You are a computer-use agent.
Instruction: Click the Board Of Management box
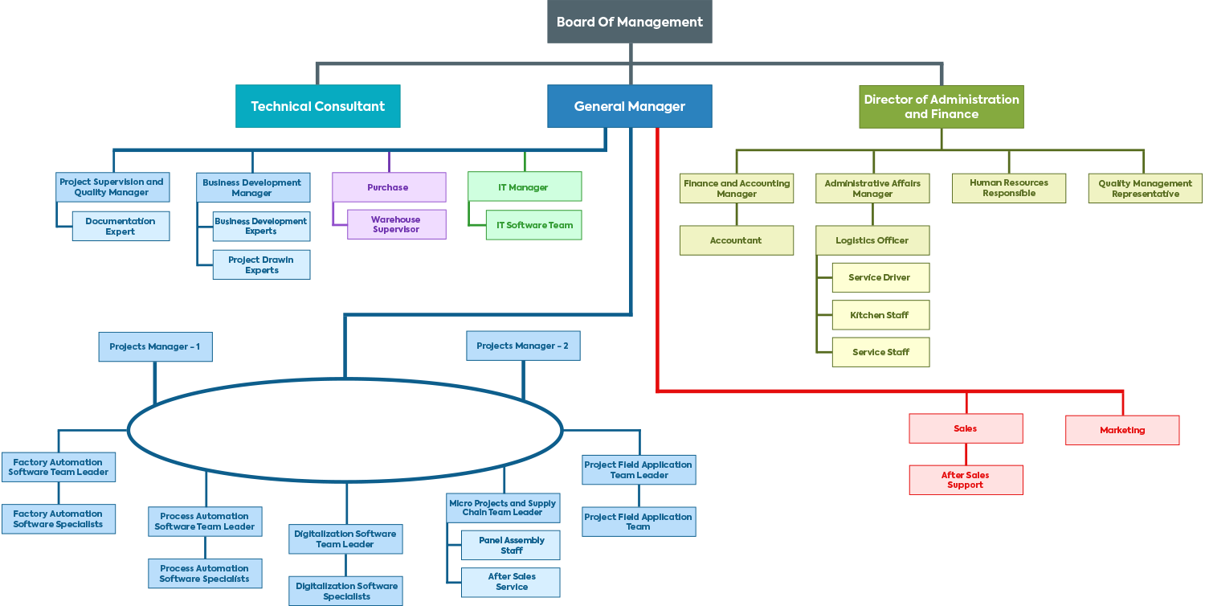(630, 22)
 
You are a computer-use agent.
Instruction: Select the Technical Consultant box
(318, 106)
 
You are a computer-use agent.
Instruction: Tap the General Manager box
(630, 106)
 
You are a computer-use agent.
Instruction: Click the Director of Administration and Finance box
(942, 107)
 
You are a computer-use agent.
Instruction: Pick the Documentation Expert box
(120, 227)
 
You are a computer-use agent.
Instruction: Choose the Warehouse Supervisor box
(396, 224)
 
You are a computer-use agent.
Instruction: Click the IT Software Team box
(534, 225)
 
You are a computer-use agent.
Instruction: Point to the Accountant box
(737, 240)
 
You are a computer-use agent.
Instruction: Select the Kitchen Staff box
(880, 315)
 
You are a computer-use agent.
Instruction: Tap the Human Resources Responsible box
(1009, 188)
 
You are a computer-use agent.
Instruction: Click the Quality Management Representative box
(1146, 189)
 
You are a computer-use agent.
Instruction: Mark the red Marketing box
(1122, 430)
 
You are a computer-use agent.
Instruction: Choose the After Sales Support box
(966, 480)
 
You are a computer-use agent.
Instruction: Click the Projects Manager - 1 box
(155, 346)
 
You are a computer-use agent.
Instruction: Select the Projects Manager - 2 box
(523, 346)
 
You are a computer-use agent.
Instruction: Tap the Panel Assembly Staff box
(511, 546)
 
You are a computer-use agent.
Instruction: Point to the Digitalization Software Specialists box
(346, 591)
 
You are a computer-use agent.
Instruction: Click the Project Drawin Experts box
(261, 265)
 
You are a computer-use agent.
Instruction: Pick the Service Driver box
(880, 277)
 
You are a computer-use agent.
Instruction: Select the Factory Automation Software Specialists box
(58, 519)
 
